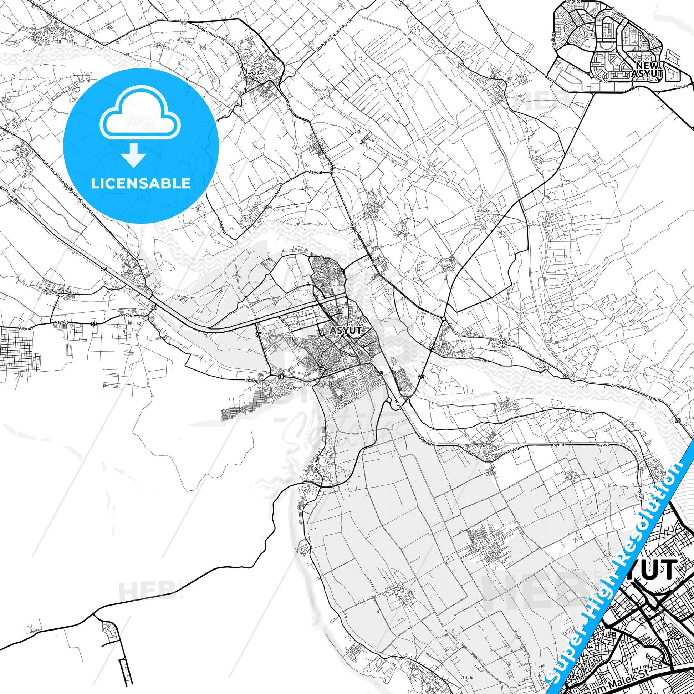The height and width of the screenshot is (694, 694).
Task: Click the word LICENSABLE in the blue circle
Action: tap(141, 183)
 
